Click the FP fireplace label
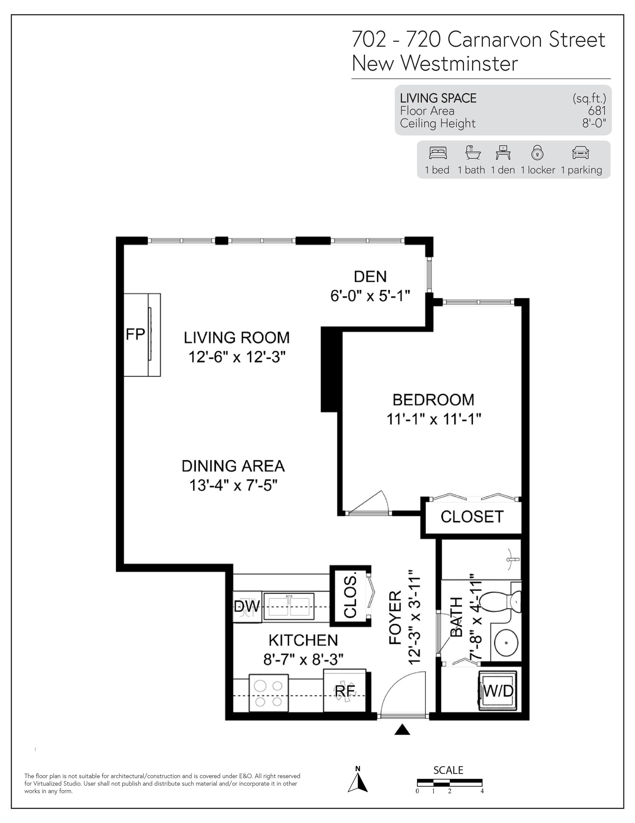click(135, 334)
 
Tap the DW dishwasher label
click(247, 606)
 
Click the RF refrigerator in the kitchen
click(345, 691)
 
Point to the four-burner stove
click(268, 693)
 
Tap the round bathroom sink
click(506, 642)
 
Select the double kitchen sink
click(289, 606)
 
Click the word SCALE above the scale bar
click(448, 770)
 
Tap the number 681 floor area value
click(597, 111)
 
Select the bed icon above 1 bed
click(438, 153)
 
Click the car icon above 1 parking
click(580, 153)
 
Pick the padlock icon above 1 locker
click(537, 153)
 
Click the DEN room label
click(370, 276)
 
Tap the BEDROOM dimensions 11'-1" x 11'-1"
click(434, 419)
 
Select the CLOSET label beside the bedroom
click(472, 517)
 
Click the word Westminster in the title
click(459, 63)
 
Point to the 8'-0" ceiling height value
click(594, 123)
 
